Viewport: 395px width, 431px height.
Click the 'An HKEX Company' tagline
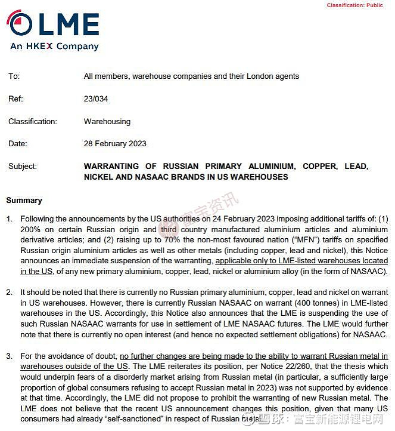(54, 47)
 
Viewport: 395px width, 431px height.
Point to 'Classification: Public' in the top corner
(354, 5)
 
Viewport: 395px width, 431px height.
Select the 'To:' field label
(14, 76)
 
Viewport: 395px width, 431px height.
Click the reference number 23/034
(96, 99)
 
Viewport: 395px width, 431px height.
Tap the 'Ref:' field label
(15, 99)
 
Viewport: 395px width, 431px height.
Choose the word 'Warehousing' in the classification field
(107, 121)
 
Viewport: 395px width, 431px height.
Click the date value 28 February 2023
(115, 144)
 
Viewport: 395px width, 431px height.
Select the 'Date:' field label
(18, 144)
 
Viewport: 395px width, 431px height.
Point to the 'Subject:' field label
(23, 167)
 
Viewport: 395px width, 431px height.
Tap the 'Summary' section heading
(24, 201)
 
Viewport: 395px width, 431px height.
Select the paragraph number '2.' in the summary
(10, 293)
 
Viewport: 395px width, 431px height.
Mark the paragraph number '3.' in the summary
(10, 356)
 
